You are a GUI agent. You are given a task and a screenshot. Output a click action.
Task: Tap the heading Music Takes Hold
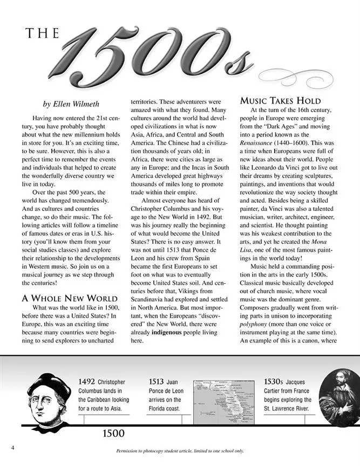280,101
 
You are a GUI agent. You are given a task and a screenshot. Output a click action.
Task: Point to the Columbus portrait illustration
50,403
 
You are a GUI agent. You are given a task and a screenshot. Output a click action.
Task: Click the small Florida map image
220,400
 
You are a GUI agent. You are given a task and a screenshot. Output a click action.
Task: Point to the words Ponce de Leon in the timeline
166,390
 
